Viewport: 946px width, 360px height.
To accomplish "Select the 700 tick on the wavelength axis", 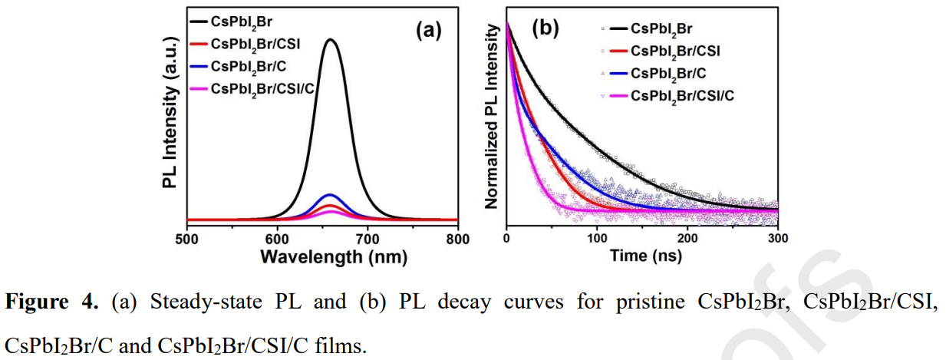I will pyautogui.click(x=368, y=238).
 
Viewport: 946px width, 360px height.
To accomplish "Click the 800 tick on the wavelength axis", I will pyautogui.click(x=457, y=238).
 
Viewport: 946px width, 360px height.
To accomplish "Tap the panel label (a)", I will pyautogui.click(x=429, y=30).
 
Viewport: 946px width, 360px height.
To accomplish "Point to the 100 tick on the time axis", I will pyautogui.click(x=597, y=238).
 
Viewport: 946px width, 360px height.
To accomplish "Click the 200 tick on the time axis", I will pyautogui.click(x=687, y=238).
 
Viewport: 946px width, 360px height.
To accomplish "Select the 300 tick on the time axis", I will pyautogui.click(x=778, y=238).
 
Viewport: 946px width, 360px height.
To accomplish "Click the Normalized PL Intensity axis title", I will pyautogui.click(x=493, y=123).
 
